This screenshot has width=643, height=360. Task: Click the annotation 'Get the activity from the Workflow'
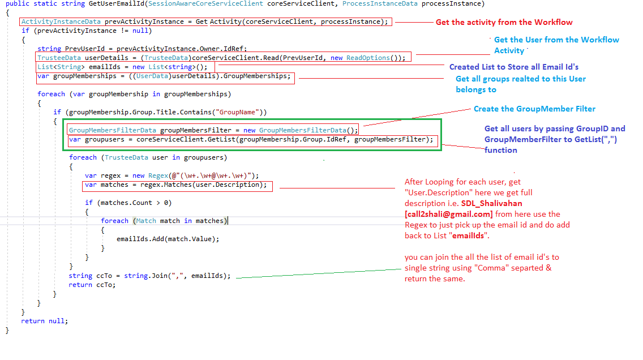[x=504, y=22]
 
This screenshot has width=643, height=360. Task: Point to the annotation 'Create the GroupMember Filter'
[x=534, y=109]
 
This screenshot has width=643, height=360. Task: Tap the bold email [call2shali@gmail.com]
[x=449, y=214]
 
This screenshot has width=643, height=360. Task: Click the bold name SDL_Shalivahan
[x=491, y=203]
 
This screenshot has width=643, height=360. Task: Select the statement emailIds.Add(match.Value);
[x=168, y=239]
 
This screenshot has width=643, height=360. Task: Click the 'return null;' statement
[x=44, y=320]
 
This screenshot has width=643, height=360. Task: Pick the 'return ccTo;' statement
[x=92, y=285]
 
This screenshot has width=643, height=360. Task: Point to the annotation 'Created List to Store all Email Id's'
[x=514, y=67]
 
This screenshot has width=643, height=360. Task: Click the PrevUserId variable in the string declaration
[x=85, y=49]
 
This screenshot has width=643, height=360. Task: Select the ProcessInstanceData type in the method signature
[x=380, y=4]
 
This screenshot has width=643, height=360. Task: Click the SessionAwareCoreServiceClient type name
[x=205, y=4]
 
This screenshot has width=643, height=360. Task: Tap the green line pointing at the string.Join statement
[x=319, y=273]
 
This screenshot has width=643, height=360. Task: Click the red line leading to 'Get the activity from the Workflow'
[x=414, y=22]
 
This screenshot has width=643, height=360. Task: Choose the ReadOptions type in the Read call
[x=368, y=58]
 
